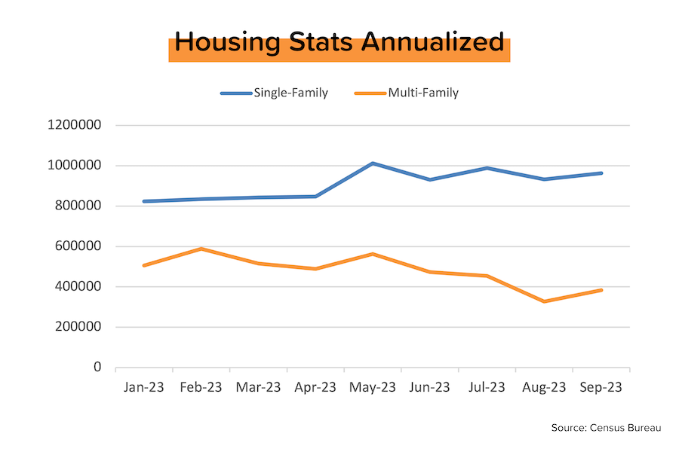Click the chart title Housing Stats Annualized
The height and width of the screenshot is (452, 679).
(339, 43)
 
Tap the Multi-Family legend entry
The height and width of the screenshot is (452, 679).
(423, 93)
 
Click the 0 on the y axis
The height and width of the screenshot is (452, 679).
(97, 368)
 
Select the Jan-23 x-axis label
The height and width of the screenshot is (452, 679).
(143, 387)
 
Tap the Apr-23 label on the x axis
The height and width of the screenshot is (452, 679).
(315, 387)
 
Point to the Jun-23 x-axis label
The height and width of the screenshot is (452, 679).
(429, 387)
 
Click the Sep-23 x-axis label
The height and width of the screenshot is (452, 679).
(601, 387)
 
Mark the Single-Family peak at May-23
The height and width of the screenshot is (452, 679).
(373, 163)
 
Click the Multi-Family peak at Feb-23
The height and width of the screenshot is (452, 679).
(201, 249)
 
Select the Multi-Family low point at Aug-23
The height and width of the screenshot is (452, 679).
(544, 301)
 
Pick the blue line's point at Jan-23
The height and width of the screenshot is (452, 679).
(144, 201)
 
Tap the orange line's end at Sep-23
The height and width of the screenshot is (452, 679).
(601, 290)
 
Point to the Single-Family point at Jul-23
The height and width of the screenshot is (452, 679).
(487, 168)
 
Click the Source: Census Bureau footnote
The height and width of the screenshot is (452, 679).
(606, 428)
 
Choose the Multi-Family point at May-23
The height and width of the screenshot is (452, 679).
(373, 254)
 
